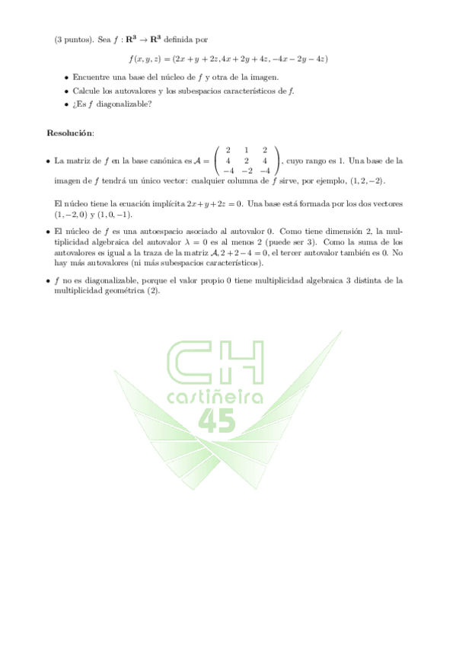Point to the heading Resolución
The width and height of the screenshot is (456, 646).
point(70,133)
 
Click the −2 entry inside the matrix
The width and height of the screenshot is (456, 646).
point(246,171)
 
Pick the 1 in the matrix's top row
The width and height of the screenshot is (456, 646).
point(246,150)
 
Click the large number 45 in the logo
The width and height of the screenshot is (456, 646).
point(217,420)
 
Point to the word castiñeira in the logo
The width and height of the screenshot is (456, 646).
point(215,397)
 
